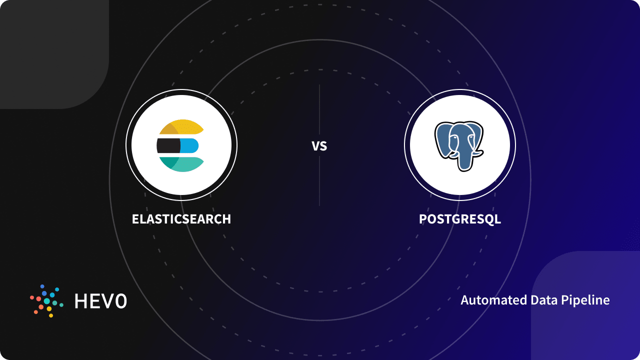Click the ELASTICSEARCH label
181,219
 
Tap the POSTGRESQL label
460,219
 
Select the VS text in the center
319,146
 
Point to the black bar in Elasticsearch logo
168,145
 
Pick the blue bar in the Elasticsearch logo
190,145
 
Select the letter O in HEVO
121,301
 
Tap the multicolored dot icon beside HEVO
46,301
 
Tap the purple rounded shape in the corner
590,310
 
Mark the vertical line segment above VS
319,110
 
